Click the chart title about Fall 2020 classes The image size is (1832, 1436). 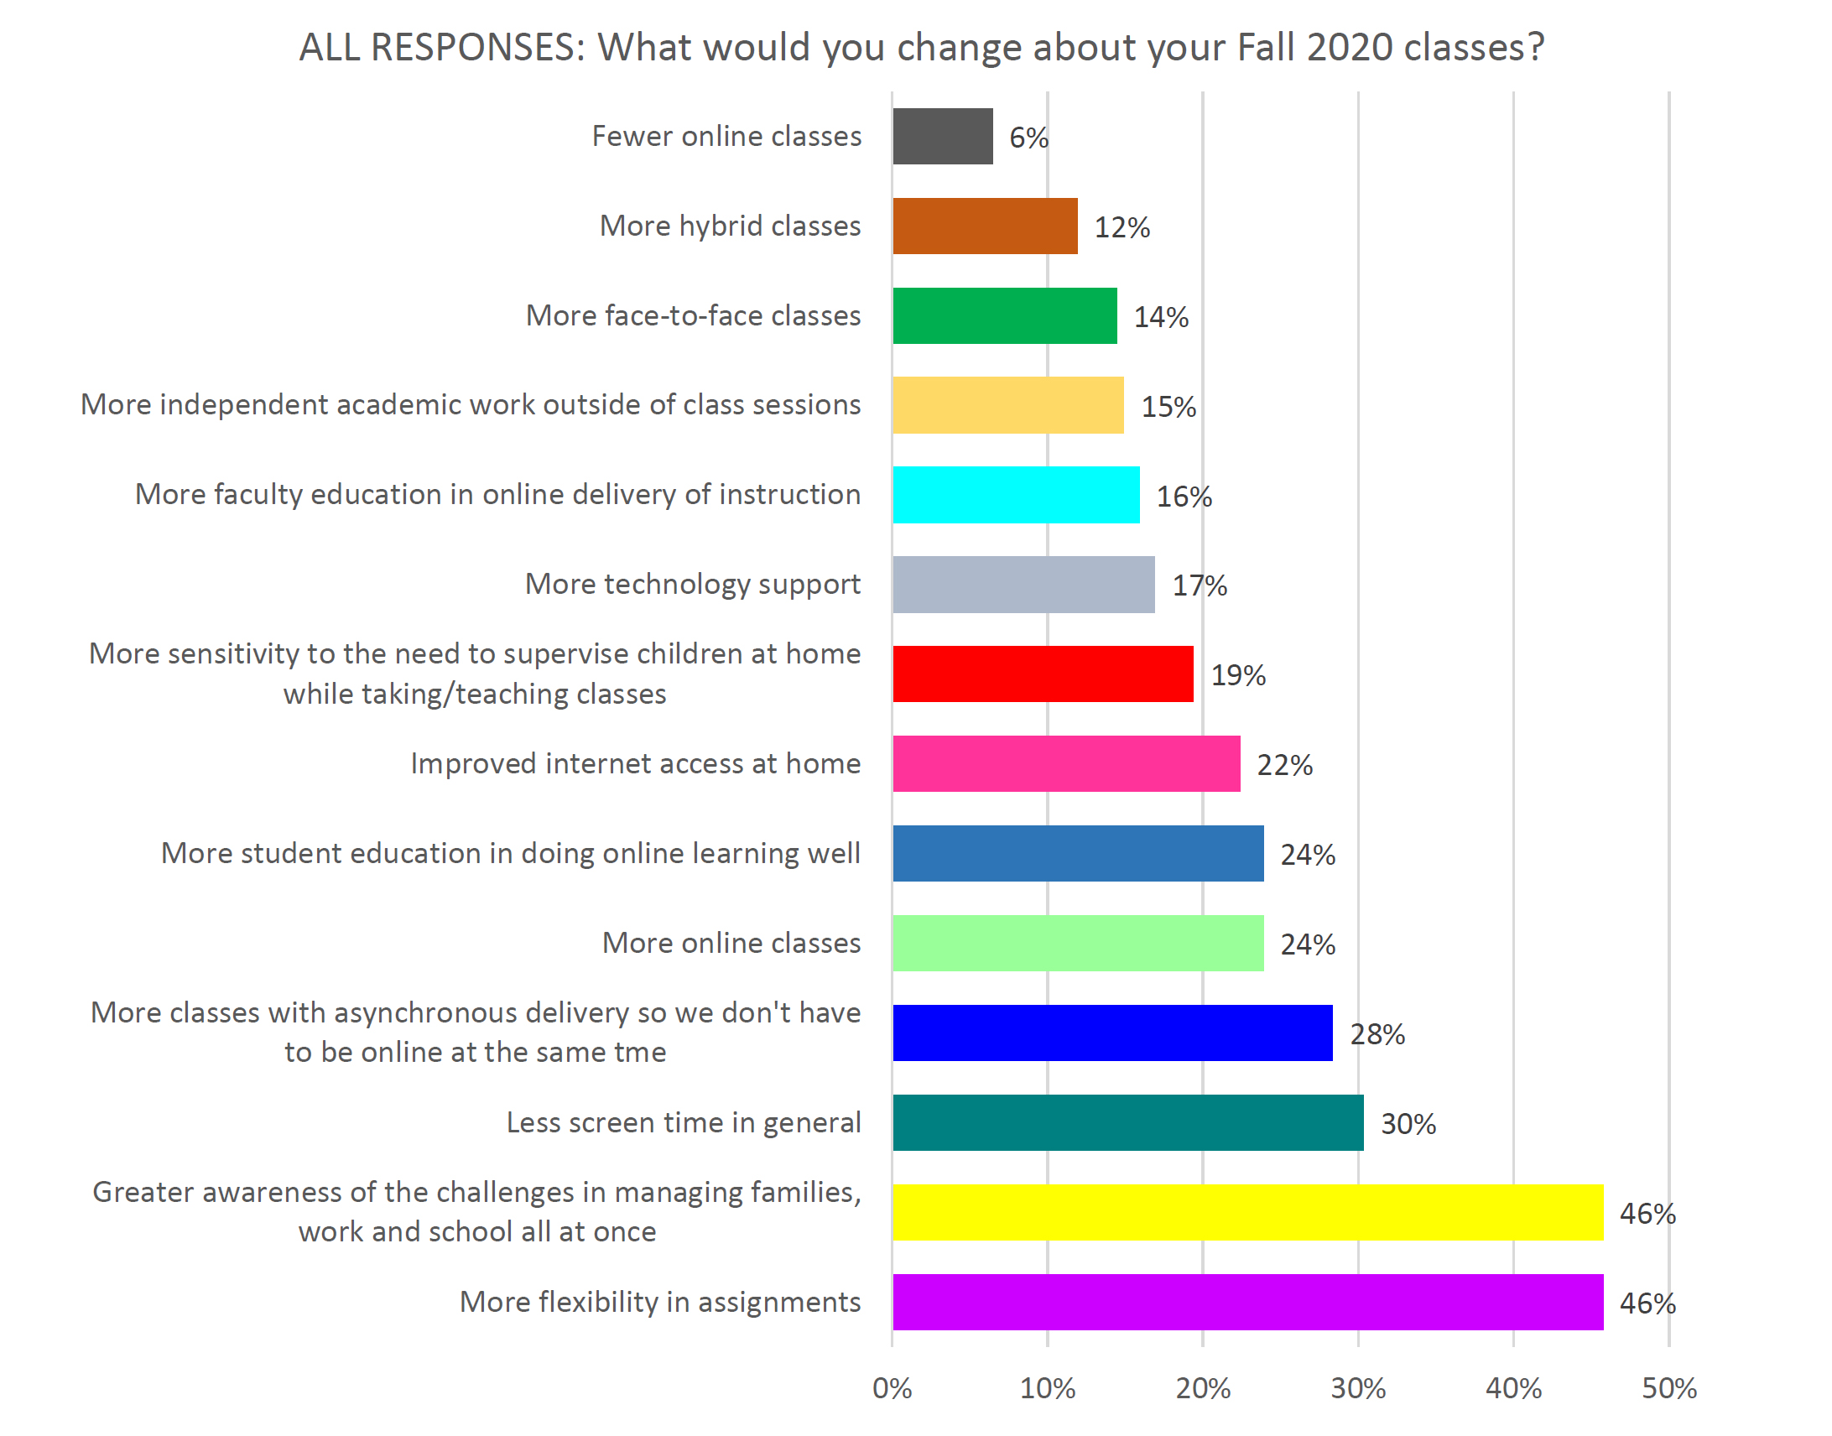(x=922, y=47)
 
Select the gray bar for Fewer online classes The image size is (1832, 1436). (x=942, y=136)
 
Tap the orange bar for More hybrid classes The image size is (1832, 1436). (x=985, y=226)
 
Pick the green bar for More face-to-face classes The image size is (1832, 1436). (x=1004, y=315)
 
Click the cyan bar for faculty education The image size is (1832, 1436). (x=1016, y=494)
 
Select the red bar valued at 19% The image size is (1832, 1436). (x=1043, y=674)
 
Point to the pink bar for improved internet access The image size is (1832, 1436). (x=1065, y=763)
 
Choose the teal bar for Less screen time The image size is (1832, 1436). (x=1127, y=1122)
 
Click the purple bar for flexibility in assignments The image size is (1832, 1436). (x=1246, y=1302)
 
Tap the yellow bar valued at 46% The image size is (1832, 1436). (x=1246, y=1211)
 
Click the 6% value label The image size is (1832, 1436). (x=1028, y=137)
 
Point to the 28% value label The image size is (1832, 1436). (x=1377, y=1034)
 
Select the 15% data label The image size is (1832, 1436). (x=1168, y=407)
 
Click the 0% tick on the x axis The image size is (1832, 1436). (x=891, y=1388)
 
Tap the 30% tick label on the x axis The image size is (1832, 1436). (x=1358, y=1388)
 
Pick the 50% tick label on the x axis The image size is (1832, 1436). (x=1669, y=1388)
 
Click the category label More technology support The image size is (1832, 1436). (x=692, y=584)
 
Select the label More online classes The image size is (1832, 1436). (x=731, y=943)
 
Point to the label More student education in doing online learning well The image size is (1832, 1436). (x=510, y=853)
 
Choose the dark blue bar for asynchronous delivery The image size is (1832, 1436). (x=1111, y=1033)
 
